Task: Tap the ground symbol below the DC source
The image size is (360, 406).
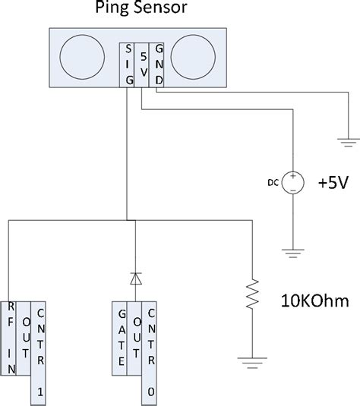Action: pos(292,252)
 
